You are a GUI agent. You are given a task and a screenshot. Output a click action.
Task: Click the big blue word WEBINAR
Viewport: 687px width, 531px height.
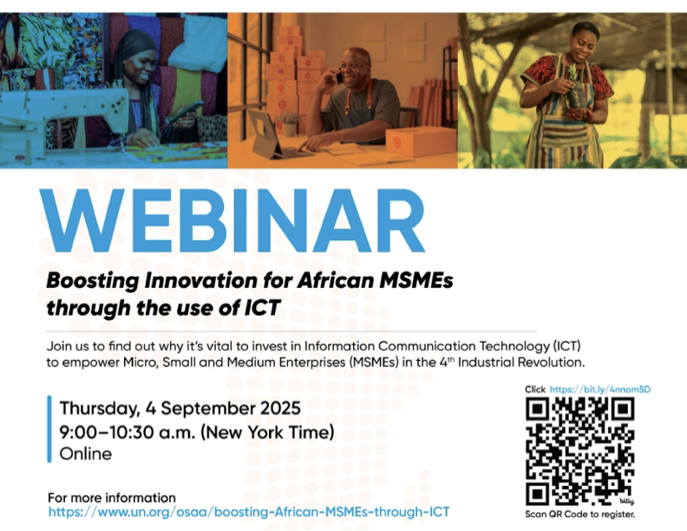(232, 220)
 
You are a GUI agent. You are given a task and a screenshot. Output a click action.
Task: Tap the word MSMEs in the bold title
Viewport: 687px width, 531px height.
(416, 280)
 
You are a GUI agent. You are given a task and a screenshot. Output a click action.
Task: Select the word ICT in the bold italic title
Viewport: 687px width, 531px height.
(262, 307)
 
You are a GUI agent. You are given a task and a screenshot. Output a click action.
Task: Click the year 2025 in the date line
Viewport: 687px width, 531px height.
(280, 409)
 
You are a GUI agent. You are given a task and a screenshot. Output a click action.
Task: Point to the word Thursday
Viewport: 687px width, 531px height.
(100, 410)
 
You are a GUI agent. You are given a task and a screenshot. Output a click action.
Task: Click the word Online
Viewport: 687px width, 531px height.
(85, 454)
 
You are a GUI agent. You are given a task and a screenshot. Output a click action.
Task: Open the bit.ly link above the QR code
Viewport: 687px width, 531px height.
(599, 390)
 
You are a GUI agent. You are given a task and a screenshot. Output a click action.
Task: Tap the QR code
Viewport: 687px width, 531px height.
(579, 452)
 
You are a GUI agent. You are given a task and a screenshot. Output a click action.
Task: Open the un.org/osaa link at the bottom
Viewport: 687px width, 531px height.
(249, 512)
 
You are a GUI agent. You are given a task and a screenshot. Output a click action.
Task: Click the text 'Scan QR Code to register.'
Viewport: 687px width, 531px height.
(579, 515)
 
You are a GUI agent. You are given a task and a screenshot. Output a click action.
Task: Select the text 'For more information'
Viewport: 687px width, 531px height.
(112, 498)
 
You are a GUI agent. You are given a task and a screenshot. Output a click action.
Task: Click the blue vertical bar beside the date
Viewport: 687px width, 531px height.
(49, 429)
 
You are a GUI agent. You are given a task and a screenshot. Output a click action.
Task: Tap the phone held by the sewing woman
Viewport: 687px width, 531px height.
(186, 112)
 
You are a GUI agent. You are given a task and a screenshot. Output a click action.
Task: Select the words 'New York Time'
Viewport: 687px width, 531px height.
(267, 432)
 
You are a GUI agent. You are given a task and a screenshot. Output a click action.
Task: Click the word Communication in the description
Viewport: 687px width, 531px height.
(426, 346)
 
